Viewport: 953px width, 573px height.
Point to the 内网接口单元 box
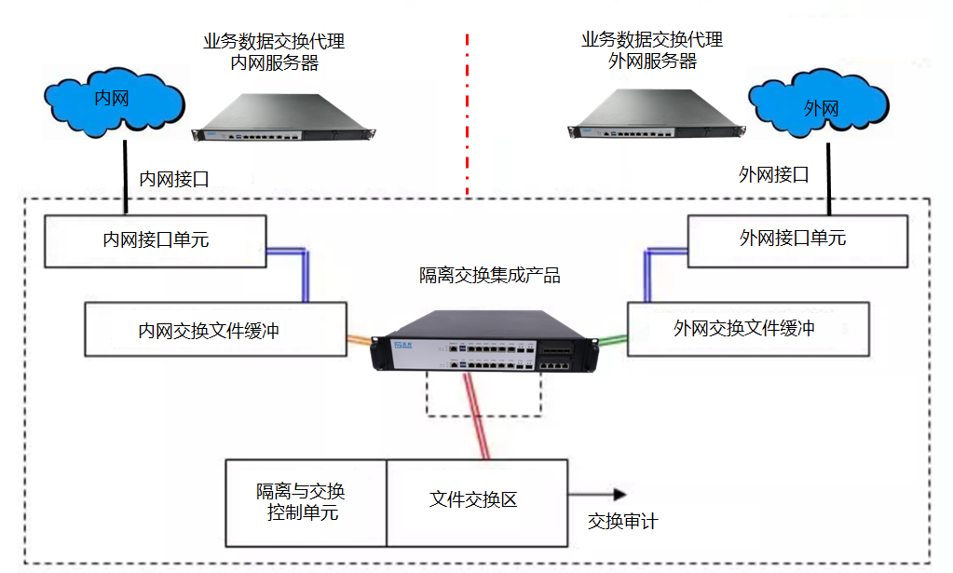coord(156,239)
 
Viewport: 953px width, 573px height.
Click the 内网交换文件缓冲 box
coord(215,329)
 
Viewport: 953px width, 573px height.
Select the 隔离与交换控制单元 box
coord(306,502)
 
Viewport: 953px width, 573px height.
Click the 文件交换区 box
coord(476,501)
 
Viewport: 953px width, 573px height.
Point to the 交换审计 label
coord(622,522)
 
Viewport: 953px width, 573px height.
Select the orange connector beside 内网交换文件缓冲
coord(360,340)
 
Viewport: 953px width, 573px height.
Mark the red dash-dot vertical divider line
coord(467,112)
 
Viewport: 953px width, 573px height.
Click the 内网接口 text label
coord(174,179)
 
